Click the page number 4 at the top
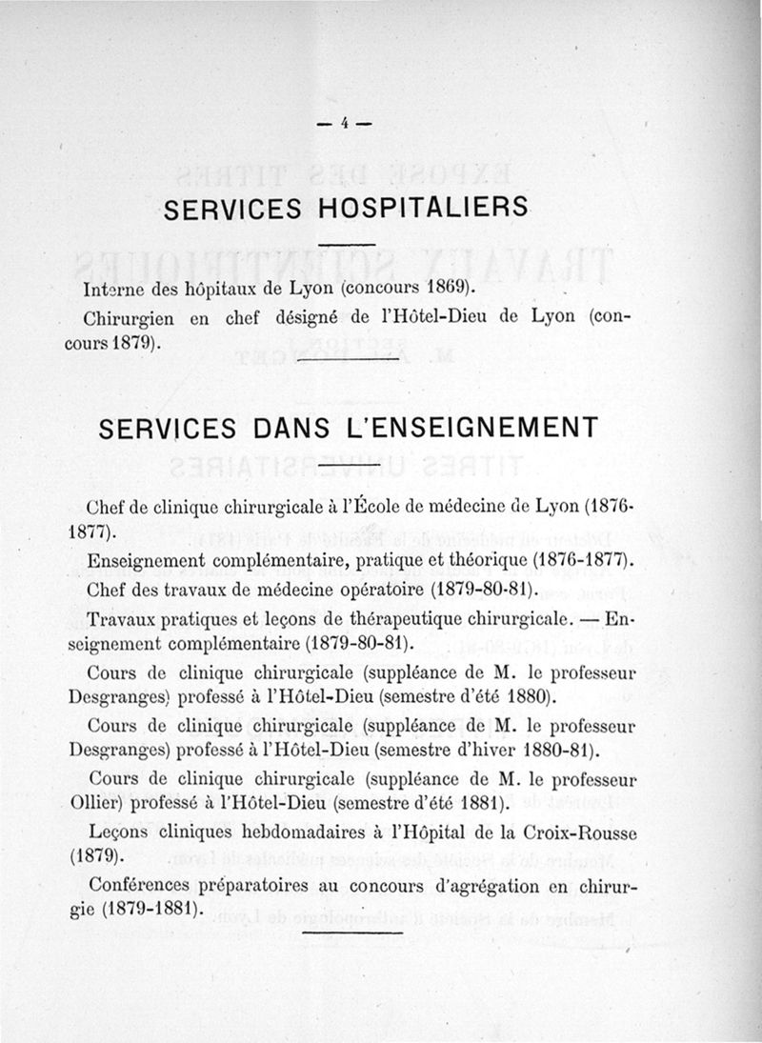[x=346, y=122]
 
